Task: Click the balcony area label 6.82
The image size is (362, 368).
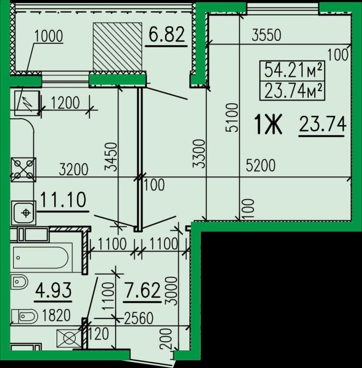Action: [167, 35]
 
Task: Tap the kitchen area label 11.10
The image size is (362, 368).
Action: [63, 200]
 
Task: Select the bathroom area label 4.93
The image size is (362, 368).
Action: [53, 290]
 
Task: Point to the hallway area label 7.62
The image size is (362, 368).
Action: [142, 290]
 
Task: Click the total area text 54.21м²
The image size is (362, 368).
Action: [292, 70]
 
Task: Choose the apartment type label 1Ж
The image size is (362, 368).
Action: [269, 125]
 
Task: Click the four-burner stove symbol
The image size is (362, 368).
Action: [24, 170]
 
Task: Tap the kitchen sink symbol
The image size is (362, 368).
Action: [24, 213]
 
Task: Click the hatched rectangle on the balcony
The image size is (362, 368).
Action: [117, 47]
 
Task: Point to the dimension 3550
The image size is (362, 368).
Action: [267, 36]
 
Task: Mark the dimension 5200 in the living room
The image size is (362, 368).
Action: [261, 165]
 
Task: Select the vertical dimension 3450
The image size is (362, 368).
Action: [111, 157]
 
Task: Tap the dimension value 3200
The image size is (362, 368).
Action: [73, 170]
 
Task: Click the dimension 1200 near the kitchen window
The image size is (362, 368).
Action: [65, 103]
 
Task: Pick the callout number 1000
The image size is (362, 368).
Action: [49, 36]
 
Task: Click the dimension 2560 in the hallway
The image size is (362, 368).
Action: [139, 318]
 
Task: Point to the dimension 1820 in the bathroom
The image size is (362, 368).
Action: [56, 315]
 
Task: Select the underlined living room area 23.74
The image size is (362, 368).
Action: [323, 124]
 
